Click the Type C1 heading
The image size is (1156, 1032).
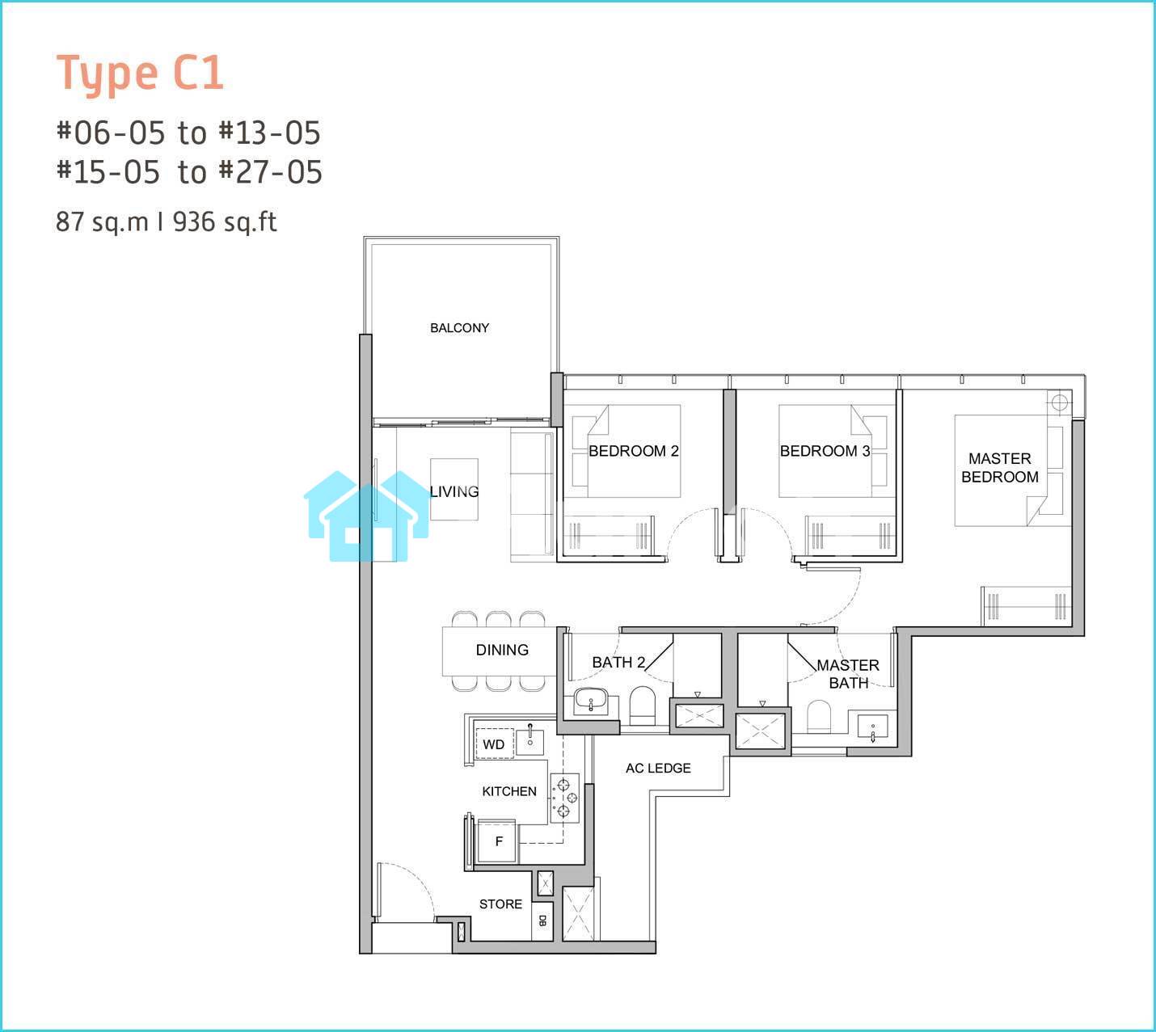pos(140,73)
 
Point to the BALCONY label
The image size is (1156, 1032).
pos(459,328)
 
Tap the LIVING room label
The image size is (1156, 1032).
pos(454,491)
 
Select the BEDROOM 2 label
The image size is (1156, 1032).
pos(633,451)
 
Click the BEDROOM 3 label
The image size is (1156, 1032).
pos(825,451)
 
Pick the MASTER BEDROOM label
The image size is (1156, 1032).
pos(1000,468)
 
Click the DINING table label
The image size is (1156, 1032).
pos(502,649)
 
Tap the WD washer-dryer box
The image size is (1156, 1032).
pos(494,744)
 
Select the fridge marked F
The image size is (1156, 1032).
pos(497,841)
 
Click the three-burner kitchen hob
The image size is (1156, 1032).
pos(564,798)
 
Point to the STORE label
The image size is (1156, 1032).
pos(500,904)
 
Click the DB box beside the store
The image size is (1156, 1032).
pos(542,920)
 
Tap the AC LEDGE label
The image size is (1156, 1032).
pos(658,768)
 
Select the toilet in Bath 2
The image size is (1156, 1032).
pos(643,706)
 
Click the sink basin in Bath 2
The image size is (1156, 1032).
pos(591,701)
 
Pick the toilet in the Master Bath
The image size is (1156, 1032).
pos(820,717)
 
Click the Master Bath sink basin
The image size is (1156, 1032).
pos(873,727)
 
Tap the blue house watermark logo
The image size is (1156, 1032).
pos(368,516)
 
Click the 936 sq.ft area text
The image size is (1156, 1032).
pos(225,222)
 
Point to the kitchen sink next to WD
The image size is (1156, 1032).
pos(530,740)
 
